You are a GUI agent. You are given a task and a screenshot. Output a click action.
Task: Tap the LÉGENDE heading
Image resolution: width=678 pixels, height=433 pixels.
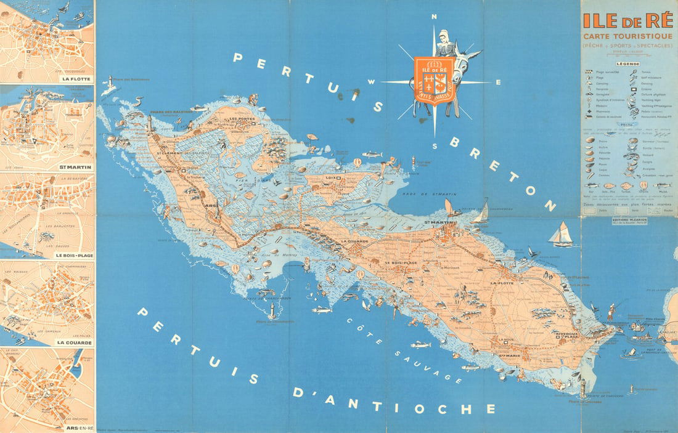627,63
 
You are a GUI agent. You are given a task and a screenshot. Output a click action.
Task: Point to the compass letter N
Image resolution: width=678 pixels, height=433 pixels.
435,17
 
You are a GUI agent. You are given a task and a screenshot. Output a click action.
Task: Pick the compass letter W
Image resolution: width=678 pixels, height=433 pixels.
372,82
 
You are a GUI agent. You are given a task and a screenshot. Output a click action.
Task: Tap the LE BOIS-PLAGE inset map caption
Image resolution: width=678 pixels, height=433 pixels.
73,254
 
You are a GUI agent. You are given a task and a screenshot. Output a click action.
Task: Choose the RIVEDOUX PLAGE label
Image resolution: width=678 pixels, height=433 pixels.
566,336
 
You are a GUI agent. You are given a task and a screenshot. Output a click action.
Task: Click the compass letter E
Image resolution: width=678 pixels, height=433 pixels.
498,82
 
